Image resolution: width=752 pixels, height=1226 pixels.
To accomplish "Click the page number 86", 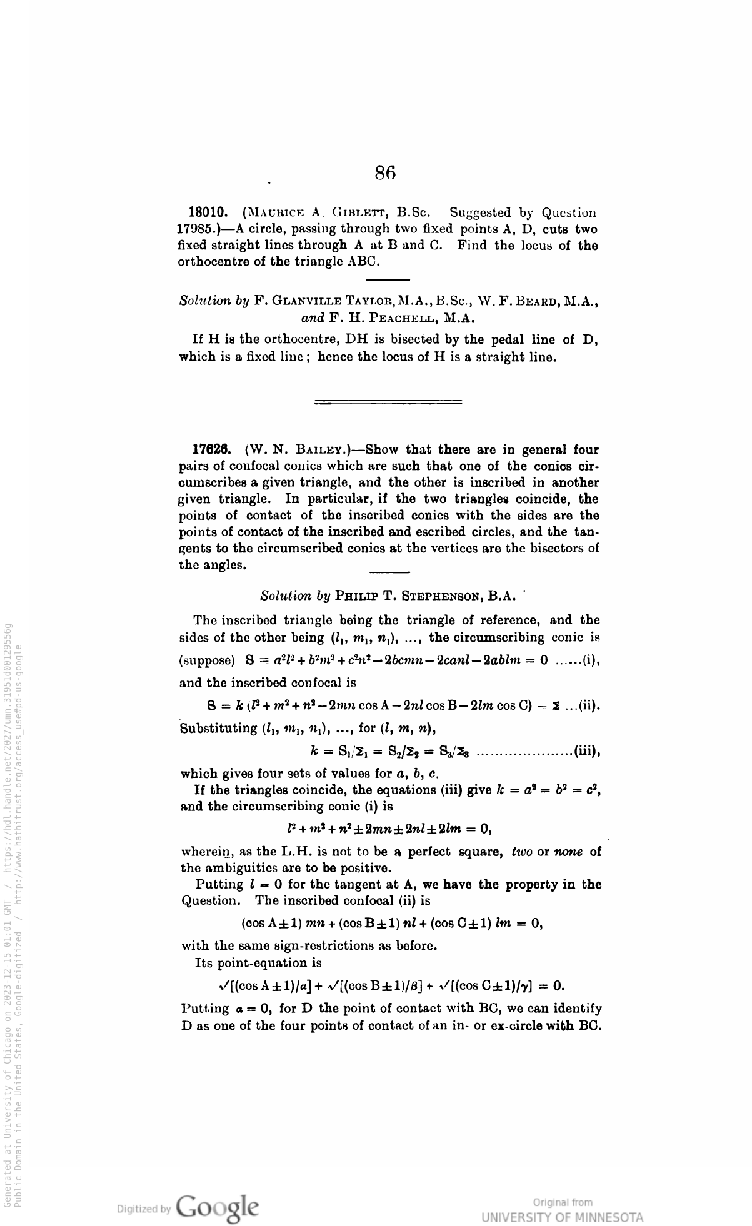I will coord(386,172).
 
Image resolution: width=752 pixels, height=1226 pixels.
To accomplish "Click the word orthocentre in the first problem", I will coord(214,262).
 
